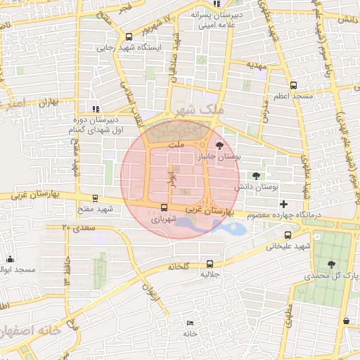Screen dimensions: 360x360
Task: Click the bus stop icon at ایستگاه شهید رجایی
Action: (x=128, y=37)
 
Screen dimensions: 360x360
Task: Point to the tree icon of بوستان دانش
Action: (x=255, y=176)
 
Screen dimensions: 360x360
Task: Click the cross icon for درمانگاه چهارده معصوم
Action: (x=283, y=203)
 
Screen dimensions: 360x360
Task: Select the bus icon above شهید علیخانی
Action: (x=288, y=235)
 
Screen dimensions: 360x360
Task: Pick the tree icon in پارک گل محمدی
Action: (x=331, y=264)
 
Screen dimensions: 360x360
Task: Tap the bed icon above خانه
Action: (x=190, y=323)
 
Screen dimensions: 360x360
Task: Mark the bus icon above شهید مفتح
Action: (x=96, y=198)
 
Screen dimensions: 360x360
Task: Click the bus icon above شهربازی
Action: (x=165, y=207)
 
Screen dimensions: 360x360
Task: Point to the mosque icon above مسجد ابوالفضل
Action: (x=10, y=259)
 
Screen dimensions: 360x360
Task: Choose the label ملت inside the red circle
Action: (x=177, y=143)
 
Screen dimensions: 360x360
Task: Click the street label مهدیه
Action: (x=256, y=64)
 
